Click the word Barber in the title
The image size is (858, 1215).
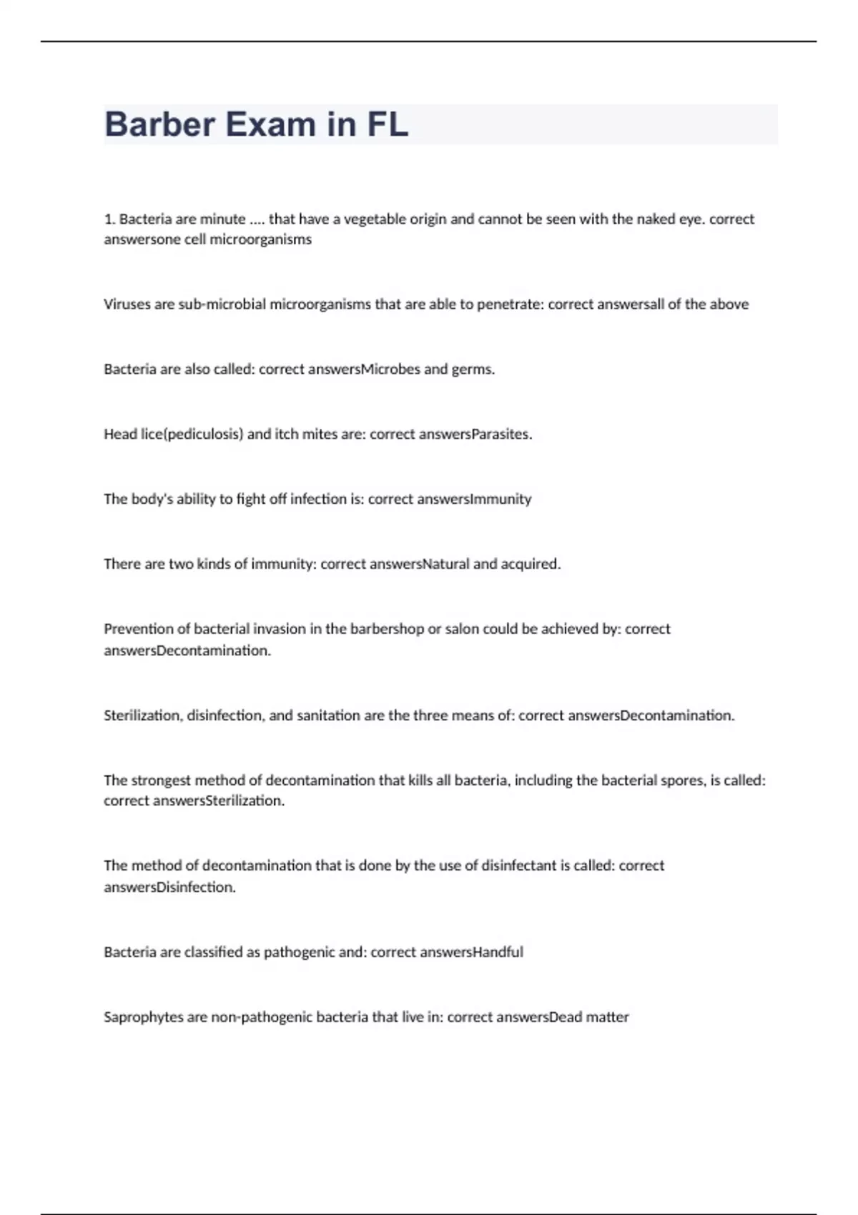click(x=159, y=124)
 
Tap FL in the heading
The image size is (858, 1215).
click(x=388, y=124)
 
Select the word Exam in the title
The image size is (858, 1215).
click(x=271, y=124)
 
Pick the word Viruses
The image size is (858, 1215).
click(x=127, y=304)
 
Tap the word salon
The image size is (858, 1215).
click(x=462, y=629)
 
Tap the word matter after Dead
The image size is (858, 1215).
click(x=608, y=1017)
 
